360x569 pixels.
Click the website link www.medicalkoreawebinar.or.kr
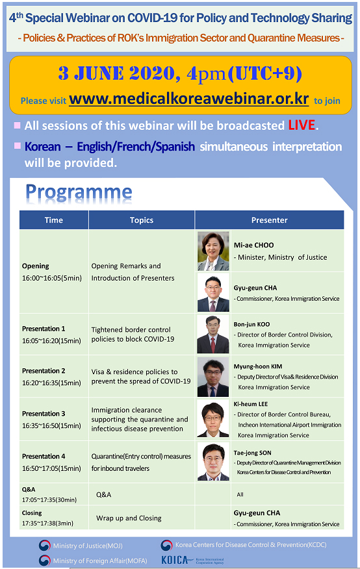coord(188,99)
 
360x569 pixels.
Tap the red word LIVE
coord(302,125)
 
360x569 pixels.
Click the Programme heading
coord(79,192)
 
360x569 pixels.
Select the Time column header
coord(54,220)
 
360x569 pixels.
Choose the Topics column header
coord(142,220)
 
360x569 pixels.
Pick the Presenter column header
coord(269,220)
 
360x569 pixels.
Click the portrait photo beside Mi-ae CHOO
coord(213,251)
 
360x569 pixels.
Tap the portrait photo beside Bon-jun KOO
coord(213,335)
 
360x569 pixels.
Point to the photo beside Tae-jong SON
coord(213,462)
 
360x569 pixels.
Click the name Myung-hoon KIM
coord(258,366)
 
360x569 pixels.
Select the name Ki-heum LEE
coord(251,404)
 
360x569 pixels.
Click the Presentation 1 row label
coord(44,329)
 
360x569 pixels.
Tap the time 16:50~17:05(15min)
coord(51,468)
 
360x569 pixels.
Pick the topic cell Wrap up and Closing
coord(129,518)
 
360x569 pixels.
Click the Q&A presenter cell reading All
coord(240,494)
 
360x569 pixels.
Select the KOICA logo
coord(193,561)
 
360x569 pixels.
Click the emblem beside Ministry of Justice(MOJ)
coord(45,546)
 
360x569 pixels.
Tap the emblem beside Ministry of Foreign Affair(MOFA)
coord(45,561)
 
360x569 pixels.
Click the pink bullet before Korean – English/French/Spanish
coord(17,145)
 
